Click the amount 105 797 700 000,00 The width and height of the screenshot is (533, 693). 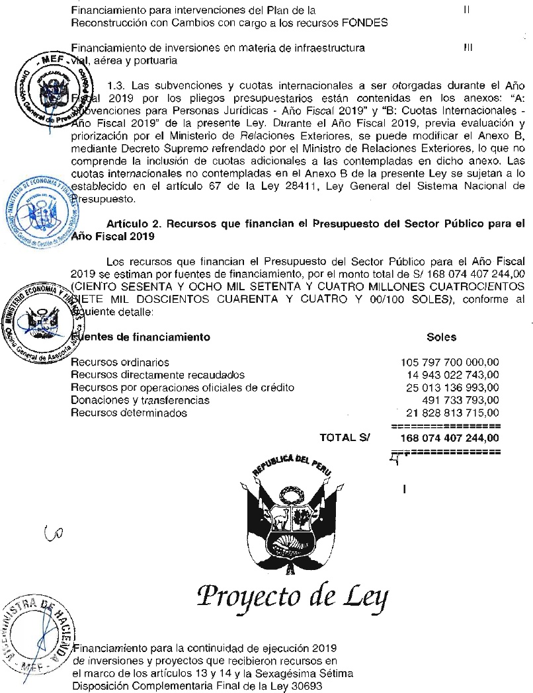(450, 362)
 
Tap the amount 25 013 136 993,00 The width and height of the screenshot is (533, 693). (452, 387)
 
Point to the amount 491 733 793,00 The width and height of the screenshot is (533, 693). (460, 400)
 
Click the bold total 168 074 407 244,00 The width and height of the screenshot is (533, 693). (450, 438)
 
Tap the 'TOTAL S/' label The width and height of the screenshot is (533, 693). (345, 438)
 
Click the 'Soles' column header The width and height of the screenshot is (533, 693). (442, 337)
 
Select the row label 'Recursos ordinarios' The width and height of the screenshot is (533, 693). (120, 362)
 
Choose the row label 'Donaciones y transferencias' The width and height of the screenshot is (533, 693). (140, 400)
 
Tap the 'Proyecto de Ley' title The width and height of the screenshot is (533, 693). (292, 598)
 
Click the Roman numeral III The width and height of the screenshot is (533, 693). (468, 48)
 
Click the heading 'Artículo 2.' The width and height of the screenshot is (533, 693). (132, 224)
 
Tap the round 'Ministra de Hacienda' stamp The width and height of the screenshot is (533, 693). (38, 634)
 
